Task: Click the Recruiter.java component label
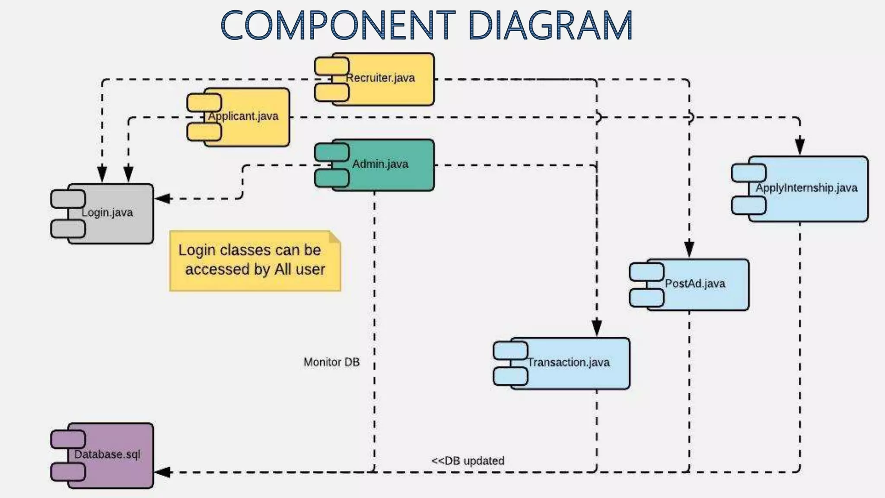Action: coord(380,78)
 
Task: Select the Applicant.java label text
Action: coord(243,116)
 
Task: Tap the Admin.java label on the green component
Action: coord(380,164)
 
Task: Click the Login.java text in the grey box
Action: coord(107,212)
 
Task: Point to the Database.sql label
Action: coord(107,454)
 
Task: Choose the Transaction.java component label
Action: coord(569,362)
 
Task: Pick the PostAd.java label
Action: coord(695,284)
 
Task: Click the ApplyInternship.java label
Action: coord(806,188)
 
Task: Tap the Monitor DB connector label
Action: coord(331,362)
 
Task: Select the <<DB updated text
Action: coord(468,461)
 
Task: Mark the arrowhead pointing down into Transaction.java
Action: coord(597,327)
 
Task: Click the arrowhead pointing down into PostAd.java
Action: coord(689,249)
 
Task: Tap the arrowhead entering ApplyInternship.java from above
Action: coord(800,146)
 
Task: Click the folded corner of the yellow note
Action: coord(334,237)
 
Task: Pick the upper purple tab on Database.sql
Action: coord(68,439)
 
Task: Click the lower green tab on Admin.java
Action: coord(331,178)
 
